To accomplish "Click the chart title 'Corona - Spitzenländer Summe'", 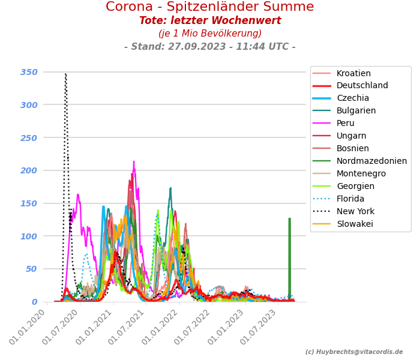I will point(209,7).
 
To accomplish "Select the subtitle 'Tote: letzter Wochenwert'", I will point(209,21).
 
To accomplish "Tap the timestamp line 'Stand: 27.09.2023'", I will point(209,47).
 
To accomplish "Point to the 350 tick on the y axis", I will point(29,72).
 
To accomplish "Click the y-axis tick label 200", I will point(29,170).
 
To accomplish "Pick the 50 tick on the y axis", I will point(31,269).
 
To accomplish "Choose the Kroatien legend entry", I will point(353,73).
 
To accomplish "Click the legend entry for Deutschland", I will point(362,86).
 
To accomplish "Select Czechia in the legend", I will point(353,98).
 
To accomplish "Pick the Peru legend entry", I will point(346,124).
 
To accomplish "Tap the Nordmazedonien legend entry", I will point(371,161).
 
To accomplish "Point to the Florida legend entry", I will point(350,199).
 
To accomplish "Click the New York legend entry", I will point(355,212).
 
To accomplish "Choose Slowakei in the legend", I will point(355,224).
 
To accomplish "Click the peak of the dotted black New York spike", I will point(65,74).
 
